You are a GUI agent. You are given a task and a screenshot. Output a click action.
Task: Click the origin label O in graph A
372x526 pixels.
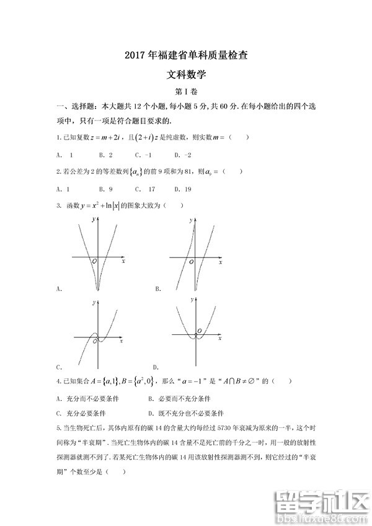tap(94, 261)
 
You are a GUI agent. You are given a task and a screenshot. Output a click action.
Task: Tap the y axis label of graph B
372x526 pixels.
tap(189, 220)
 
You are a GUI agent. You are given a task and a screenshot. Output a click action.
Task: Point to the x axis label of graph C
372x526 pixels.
tap(122, 342)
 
